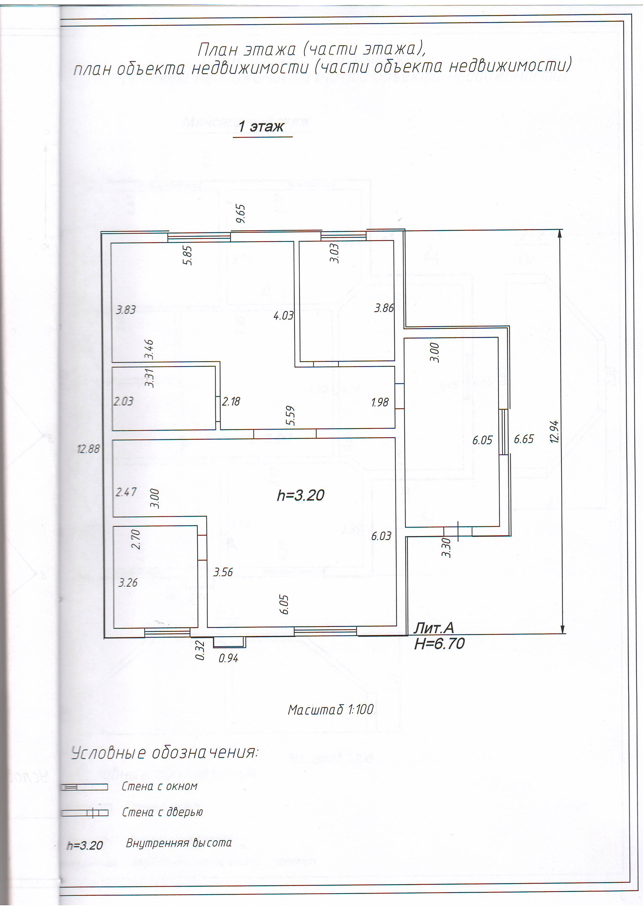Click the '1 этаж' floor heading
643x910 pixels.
click(x=261, y=127)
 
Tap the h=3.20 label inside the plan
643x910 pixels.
click(x=301, y=495)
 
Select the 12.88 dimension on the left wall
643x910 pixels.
click(x=88, y=449)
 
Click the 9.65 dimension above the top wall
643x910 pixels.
click(x=240, y=214)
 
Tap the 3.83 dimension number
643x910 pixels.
click(x=126, y=310)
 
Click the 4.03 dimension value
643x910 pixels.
click(x=283, y=316)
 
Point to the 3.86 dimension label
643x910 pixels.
click(x=384, y=308)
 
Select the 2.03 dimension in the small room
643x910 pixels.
click(x=124, y=401)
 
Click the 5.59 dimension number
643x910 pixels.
click(x=290, y=416)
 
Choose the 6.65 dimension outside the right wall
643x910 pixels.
click(x=524, y=439)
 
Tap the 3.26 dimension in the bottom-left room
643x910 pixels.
click(x=128, y=582)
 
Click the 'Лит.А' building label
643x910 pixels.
click(x=433, y=628)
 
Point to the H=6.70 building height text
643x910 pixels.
click(x=439, y=644)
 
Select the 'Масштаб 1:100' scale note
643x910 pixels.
click(x=331, y=709)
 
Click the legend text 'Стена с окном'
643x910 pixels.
click(x=159, y=786)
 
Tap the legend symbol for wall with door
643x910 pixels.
click(x=84, y=813)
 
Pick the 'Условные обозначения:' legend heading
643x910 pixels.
click(x=164, y=752)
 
